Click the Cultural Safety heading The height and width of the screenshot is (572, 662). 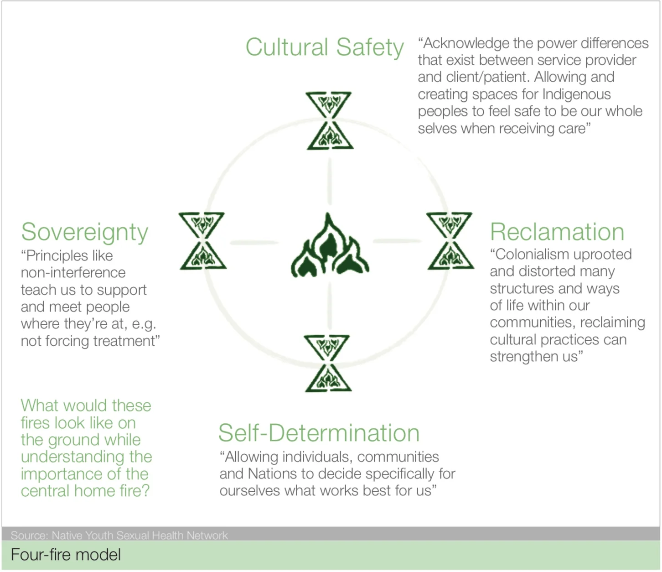pos(324,47)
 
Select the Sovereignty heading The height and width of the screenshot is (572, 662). pos(85,232)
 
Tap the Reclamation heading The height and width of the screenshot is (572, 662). pos(557,232)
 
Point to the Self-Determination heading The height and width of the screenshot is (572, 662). pos(319,433)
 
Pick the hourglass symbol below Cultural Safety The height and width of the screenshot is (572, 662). pos(329,121)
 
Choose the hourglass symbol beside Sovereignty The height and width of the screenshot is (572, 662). pos(202,241)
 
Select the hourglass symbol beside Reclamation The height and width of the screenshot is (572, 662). pos(450,241)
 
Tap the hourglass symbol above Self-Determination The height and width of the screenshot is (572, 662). pos(328,364)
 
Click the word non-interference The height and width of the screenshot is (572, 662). pos(73,273)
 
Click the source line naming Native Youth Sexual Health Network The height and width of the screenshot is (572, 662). pos(119,535)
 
